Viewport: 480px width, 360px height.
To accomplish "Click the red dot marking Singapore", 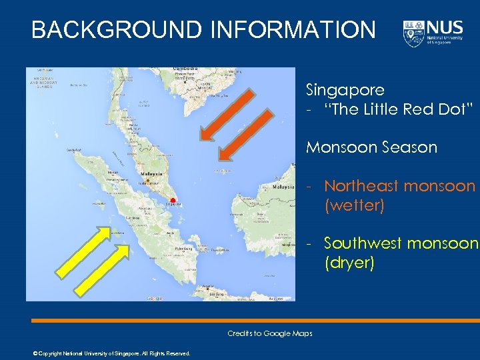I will [172, 200].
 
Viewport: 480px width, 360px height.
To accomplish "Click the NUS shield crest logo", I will [413, 33].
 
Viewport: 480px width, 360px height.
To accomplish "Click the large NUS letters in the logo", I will [445, 29].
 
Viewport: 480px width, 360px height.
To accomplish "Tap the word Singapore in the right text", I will [345, 89].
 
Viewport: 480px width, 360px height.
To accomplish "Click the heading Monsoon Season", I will [371, 147].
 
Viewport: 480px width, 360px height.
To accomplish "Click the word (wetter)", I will [354, 205].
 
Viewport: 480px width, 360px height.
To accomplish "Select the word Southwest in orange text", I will [363, 243].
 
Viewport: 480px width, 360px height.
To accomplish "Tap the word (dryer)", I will [349, 263].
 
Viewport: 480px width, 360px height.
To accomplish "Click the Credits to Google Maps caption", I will [269, 333].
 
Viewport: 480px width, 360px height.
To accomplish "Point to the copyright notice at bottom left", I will [111, 353].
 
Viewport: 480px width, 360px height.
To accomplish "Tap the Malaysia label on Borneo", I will [283, 187].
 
